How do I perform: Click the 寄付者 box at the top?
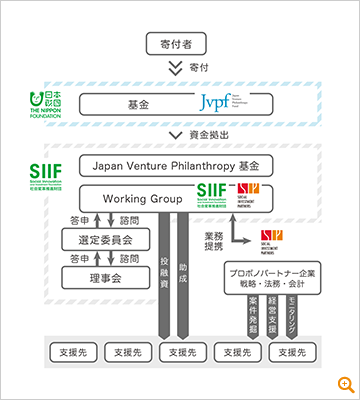tap(179, 44)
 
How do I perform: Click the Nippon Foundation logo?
tap(47, 101)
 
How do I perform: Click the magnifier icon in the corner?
tap(345, 385)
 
